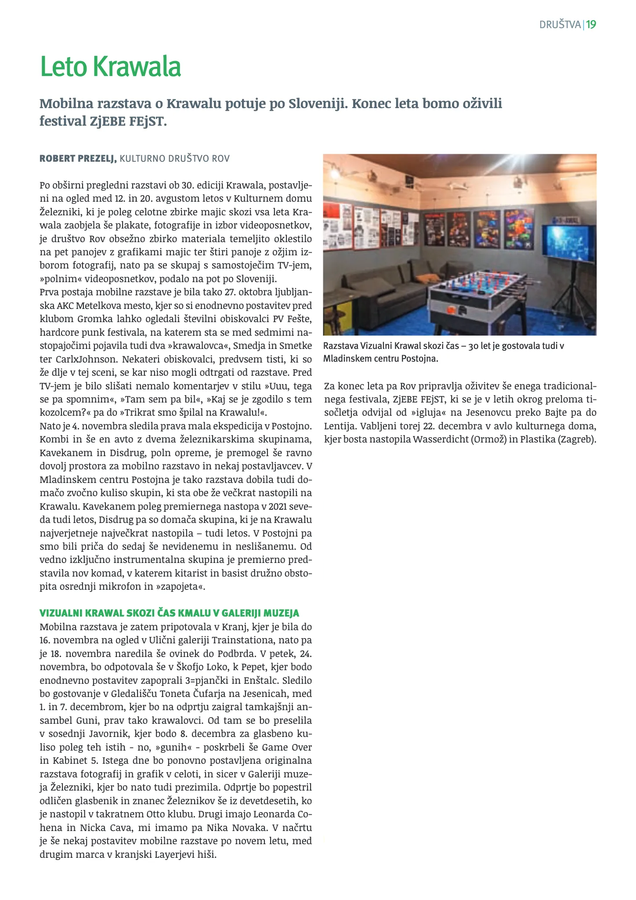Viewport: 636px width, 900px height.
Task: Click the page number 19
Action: point(591,25)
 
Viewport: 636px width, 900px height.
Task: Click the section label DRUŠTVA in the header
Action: point(560,25)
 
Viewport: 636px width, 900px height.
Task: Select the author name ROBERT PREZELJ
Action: point(78,159)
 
